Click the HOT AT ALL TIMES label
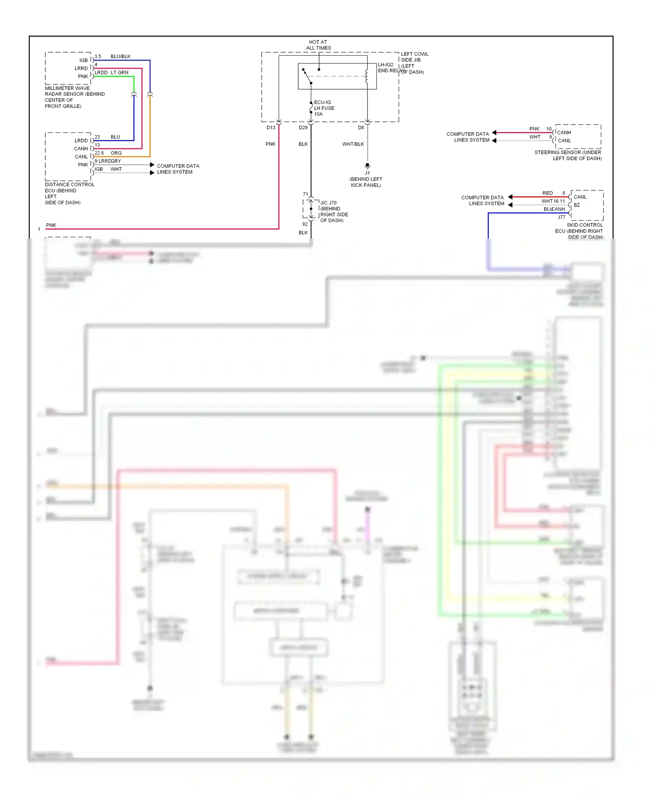tap(318, 45)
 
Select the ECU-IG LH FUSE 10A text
tap(324, 108)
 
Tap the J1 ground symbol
tap(367, 166)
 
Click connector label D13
tap(271, 128)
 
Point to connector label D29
tap(303, 128)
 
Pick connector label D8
tap(361, 128)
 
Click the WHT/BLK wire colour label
tap(353, 144)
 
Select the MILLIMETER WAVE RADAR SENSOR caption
tap(75, 97)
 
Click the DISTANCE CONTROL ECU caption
tap(69, 193)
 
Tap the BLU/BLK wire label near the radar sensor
tap(120, 57)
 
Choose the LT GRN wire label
tap(119, 73)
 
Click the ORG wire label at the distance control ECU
tap(116, 153)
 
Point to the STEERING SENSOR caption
tap(568, 155)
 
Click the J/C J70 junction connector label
tap(334, 211)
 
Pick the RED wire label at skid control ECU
tap(547, 193)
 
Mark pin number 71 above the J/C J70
tap(305, 194)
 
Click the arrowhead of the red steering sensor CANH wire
tap(494, 132)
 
